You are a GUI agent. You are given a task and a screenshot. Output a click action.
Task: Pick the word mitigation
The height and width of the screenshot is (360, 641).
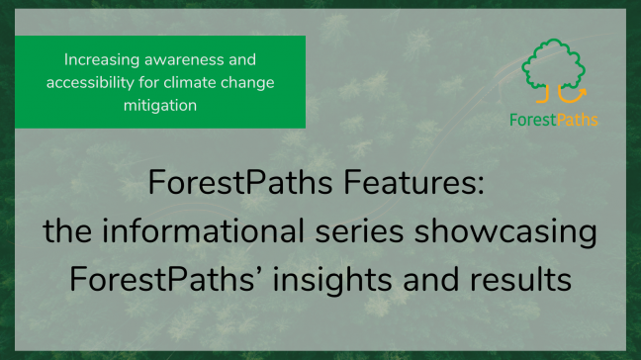(160, 104)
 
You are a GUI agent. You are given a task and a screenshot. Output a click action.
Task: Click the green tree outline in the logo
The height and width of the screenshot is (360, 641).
(554, 65)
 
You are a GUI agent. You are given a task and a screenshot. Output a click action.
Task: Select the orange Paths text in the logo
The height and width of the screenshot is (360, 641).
(576, 121)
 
